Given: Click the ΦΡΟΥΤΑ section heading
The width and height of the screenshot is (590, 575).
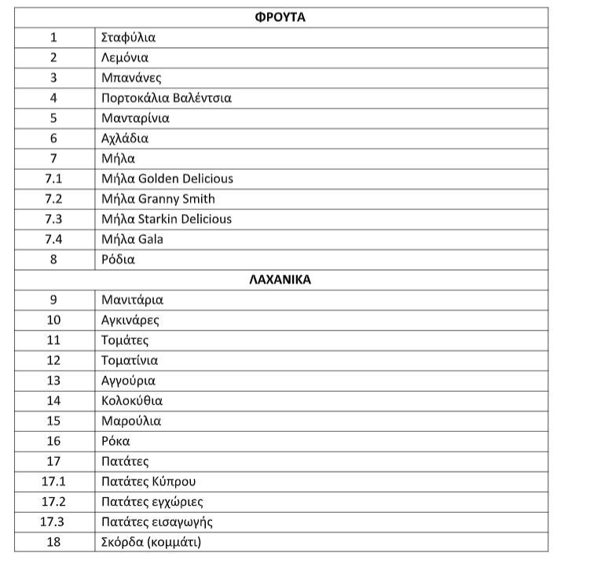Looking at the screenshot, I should pyautogui.click(x=280, y=17).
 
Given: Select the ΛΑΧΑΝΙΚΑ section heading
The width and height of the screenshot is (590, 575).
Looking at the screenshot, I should pyautogui.click(x=280, y=279).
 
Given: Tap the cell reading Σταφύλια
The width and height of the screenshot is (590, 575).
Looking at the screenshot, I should pyautogui.click(x=129, y=37).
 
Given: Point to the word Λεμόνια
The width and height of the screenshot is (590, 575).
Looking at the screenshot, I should pyautogui.click(x=125, y=57).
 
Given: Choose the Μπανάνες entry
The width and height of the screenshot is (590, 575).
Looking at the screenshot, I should pyautogui.click(x=131, y=78).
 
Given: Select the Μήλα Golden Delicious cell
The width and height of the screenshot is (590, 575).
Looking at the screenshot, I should pyautogui.click(x=167, y=179).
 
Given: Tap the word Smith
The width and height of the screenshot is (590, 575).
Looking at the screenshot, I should pyautogui.click(x=197, y=199).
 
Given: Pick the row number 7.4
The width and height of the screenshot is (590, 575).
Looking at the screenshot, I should pyautogui.click(x=53, y=239).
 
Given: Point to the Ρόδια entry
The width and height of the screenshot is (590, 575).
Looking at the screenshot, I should pyautogui.click(x=118, y=260).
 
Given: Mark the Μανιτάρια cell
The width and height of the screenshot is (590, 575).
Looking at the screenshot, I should pyautogui.click(x=132, y=300).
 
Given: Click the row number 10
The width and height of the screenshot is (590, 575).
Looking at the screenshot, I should pyautogui.click(x=53, y=320).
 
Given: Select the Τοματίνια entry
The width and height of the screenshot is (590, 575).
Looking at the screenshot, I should pyautogui.click(x=130, y=360).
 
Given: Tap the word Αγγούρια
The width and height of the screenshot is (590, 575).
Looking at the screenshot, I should pyautogui.click(x=128, y=381).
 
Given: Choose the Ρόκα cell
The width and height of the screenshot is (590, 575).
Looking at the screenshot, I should pyautogui.click(x=115, y=441).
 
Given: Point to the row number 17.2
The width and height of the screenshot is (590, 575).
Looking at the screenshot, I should pyautogui.click(x=53, y=502).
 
